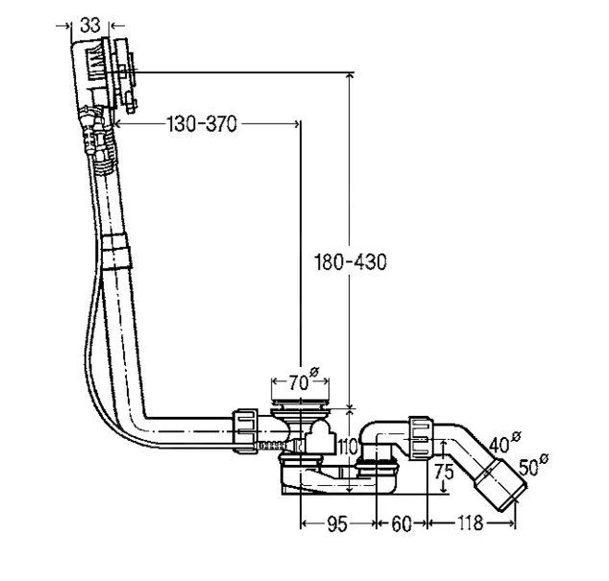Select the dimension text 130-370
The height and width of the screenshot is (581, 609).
[x=202, y=124]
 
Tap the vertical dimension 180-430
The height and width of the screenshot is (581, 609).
[x=351, y=262]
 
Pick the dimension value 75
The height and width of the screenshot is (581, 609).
[x=443, y=472]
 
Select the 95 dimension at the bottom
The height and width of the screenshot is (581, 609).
[x=337, y=524]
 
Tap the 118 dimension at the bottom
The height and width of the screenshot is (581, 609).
[x=470, y=524]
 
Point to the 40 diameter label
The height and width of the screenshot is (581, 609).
[x=501, y=443]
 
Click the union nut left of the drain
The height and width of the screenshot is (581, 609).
[x=247, y=428]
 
